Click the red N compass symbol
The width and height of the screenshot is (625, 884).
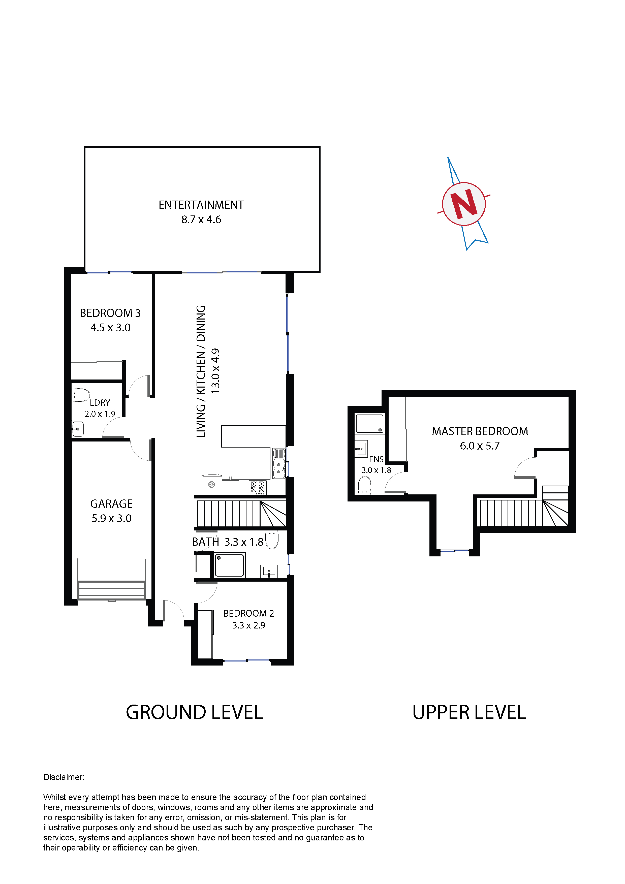point(464,204)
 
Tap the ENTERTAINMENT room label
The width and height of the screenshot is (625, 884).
point(201,205)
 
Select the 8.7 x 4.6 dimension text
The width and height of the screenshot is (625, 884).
point(201,219)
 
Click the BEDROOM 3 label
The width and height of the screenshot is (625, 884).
point(110,313)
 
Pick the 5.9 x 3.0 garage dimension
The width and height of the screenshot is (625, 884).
point(111,518)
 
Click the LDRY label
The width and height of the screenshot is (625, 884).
point(100,403)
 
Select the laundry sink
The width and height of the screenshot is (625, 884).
point(78,429)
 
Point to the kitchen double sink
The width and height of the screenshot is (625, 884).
point(279,464)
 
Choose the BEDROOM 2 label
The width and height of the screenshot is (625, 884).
point(248,613)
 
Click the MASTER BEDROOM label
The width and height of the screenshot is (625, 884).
point(480,431)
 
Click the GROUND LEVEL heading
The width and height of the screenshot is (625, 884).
point(195,712)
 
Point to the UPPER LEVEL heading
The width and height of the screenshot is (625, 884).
point(469,712)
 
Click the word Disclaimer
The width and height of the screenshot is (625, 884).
point(64,777)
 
